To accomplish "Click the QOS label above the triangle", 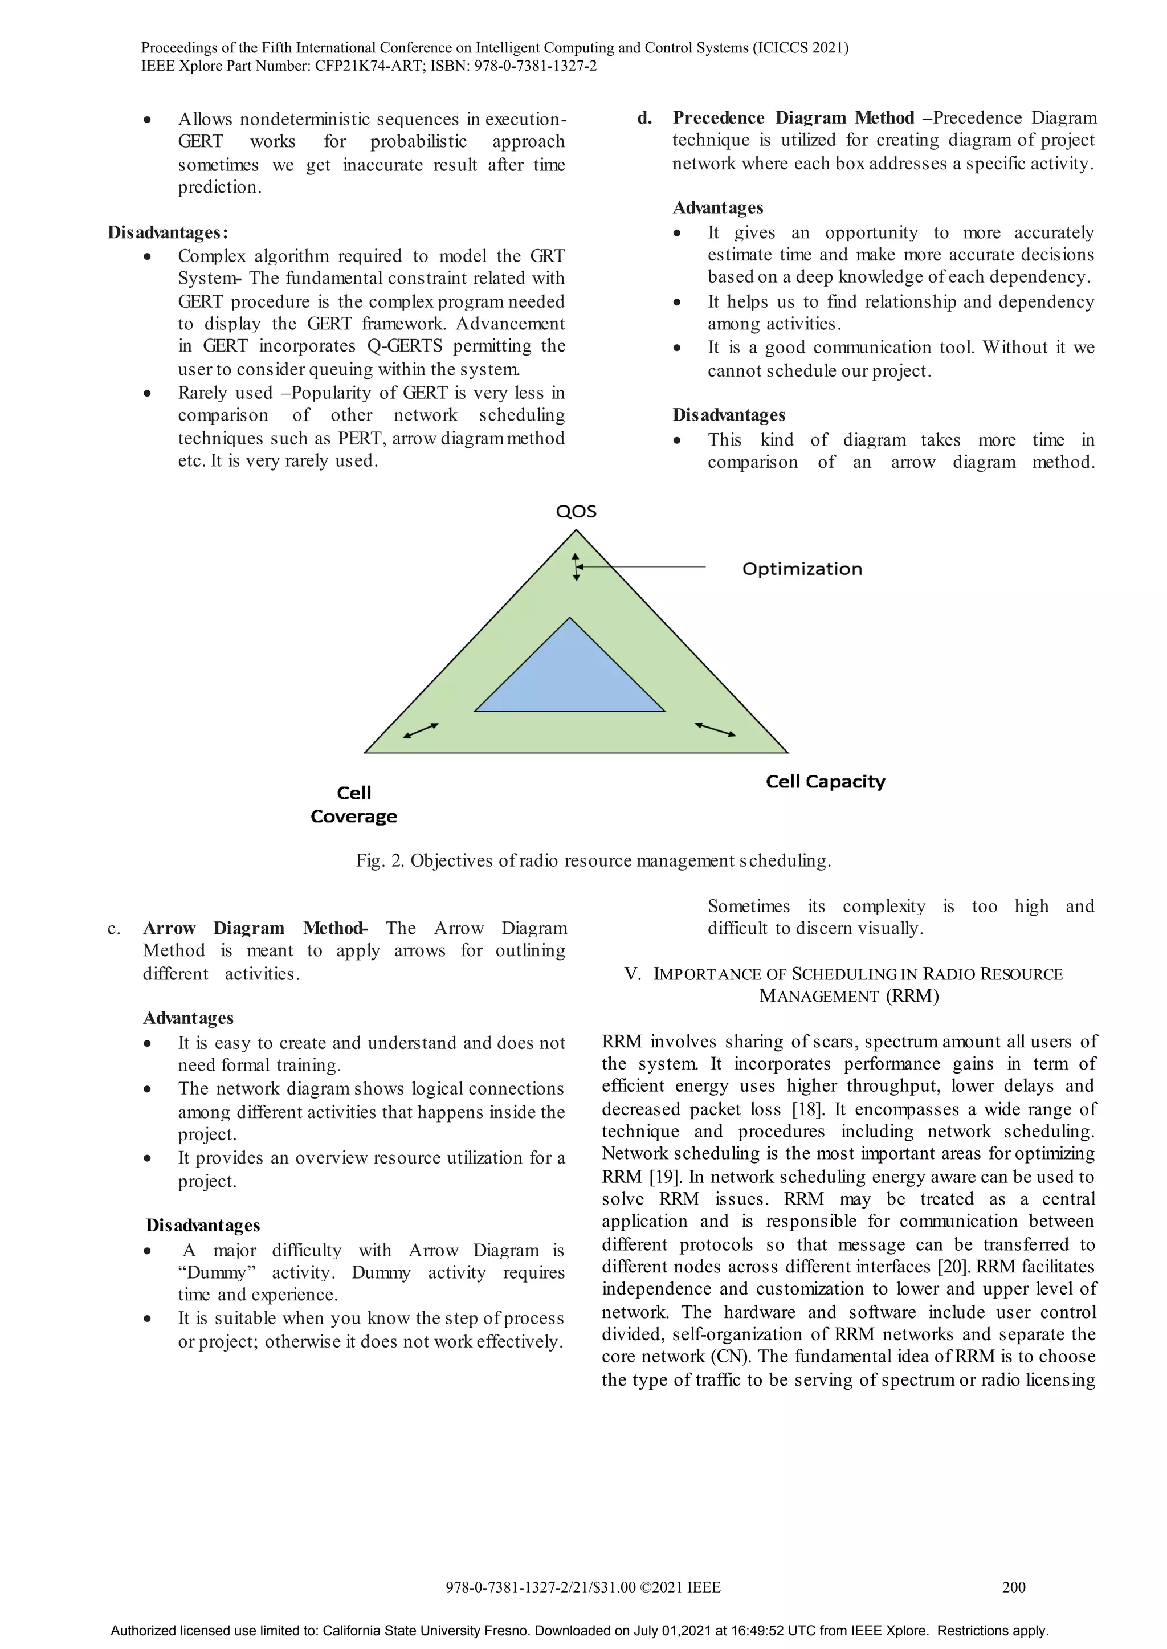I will [576, 512].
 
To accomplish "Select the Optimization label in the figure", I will [802, 569].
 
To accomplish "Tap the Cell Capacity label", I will [826, 782].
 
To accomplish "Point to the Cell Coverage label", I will [353, 805].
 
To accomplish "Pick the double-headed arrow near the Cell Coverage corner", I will [421, 730].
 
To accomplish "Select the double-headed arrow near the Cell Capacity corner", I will [715, 729].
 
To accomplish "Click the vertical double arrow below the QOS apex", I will [576, 567].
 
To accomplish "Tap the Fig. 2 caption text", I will [594, 861].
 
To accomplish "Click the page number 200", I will [1014, 1587].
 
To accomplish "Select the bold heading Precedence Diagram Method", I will [793, 118].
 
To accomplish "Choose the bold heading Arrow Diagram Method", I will [255, 928].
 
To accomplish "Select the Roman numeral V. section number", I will [633, 974].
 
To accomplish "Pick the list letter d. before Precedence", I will [644, 118].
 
